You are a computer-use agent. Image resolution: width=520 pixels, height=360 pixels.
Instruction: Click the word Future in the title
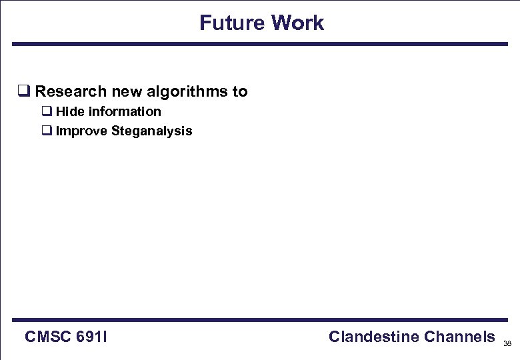point(229,23)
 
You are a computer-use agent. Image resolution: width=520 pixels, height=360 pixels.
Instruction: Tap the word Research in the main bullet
point(71,91)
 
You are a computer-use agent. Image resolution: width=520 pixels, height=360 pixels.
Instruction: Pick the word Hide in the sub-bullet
point(70,111)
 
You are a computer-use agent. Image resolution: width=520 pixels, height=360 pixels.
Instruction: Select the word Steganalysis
point(152,131)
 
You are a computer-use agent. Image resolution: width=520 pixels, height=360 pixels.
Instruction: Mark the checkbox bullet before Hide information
point(47,111)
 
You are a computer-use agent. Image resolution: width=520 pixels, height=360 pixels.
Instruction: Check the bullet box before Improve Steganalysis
point(47,131)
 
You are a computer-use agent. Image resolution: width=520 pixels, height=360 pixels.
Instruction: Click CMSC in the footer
point(48,337)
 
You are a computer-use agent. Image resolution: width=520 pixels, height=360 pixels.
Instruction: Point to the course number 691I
point(92,337)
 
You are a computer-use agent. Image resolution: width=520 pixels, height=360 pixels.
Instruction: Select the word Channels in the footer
point(457,337)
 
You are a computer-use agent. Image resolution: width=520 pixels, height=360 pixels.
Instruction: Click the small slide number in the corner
point(507,344)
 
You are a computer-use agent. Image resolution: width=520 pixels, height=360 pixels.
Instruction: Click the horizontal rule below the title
point(260,44)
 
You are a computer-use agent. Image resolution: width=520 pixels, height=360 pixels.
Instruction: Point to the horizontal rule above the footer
point(260,320)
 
